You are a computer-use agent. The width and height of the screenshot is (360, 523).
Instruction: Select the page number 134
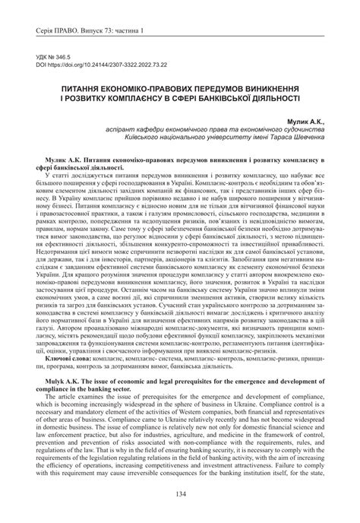180,495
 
